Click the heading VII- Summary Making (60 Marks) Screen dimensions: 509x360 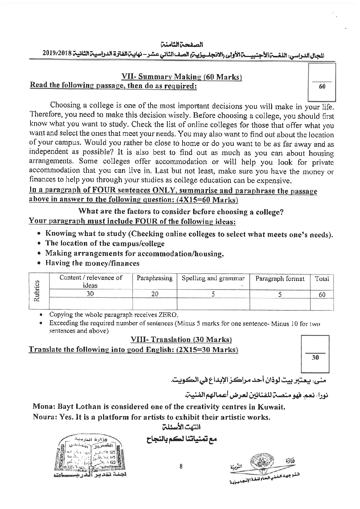coord(182,77)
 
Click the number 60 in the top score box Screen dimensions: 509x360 coord(322,87)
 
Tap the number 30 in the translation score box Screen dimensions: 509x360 coord(315,358)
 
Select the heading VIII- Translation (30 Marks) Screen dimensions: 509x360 coord(181,339)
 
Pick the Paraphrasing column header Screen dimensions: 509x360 coord(154,278)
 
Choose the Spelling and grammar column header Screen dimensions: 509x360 coord(213,278)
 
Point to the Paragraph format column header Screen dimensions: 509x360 coord(280,278)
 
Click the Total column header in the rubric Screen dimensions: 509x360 coord(322,278)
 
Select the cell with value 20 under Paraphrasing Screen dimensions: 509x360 coord(155,294)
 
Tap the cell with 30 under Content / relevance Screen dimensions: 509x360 coord(90,294)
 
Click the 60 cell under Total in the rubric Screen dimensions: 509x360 coord(322,295)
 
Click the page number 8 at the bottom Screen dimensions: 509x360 coord(181,467)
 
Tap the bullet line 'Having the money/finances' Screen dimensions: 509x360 coord(92,263)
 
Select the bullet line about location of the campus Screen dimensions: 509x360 coord(105,244)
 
